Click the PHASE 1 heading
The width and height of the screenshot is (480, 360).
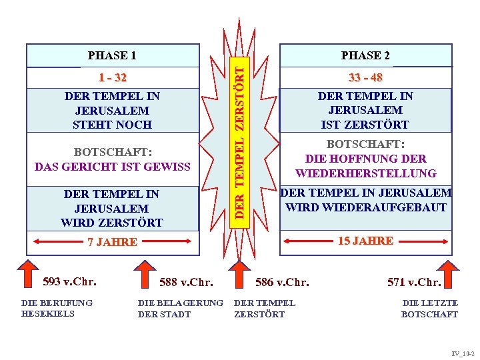coord(112,55)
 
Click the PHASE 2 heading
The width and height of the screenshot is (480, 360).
coord(365,55)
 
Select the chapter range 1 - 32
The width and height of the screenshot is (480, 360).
coord(112,78)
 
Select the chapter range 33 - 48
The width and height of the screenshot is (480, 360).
coord(365,78)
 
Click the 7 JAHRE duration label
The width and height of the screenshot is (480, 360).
coord(112,242)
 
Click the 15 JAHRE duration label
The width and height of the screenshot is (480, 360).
coord(365,241)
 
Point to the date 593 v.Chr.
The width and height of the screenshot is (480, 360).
coord(69,281)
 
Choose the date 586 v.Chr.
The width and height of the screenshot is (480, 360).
coord(283,282)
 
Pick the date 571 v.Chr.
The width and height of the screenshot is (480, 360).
coord(414,282)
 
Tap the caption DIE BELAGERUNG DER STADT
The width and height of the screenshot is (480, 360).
coord(180,309)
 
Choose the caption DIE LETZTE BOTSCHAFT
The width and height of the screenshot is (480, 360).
coord(429,309)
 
